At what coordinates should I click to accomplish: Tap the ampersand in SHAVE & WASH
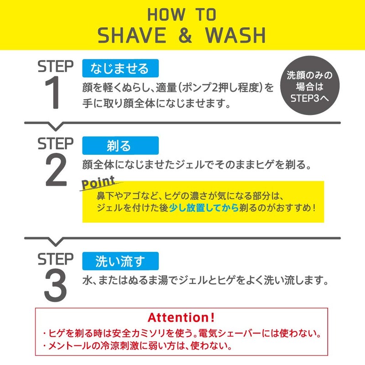click(x=185, y=36)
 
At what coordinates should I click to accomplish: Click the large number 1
click(x=55, y=94)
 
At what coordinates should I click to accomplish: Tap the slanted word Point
click(x=98, y=183)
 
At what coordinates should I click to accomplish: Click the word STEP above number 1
click(x=55, y=67)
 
